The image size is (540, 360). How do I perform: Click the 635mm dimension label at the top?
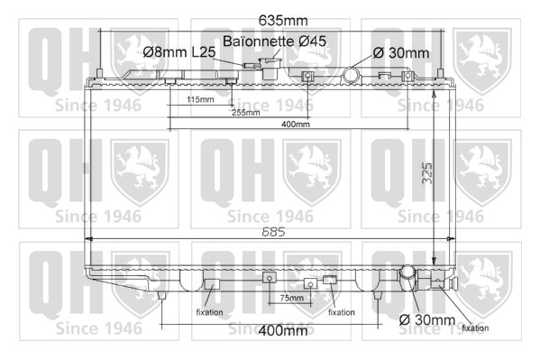(283, 21)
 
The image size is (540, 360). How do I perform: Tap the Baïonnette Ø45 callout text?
(274, 41)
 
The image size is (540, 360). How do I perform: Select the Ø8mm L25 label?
(179, 52)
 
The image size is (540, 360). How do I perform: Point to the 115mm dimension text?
(200, 99)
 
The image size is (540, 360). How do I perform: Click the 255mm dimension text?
(246, 113)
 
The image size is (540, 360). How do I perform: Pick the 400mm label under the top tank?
(296, 125)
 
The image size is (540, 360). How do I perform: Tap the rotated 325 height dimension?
(427, 172)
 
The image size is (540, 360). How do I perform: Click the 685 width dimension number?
(273, 232)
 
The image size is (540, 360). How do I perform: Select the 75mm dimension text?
(292, 298)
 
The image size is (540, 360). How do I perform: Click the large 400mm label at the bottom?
(283, 331)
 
